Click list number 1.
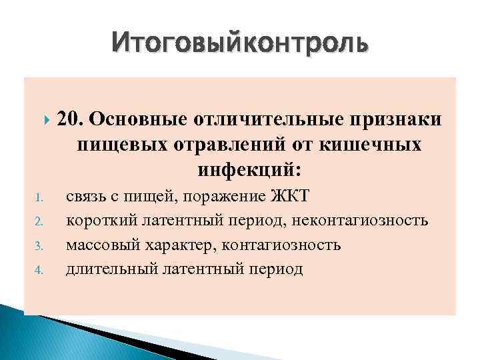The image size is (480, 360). click(x=39, y=197)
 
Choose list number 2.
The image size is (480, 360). click(x=39, y=221)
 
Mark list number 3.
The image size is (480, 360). click(x=39, y=246)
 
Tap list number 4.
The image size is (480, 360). click(x=39, y=271)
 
